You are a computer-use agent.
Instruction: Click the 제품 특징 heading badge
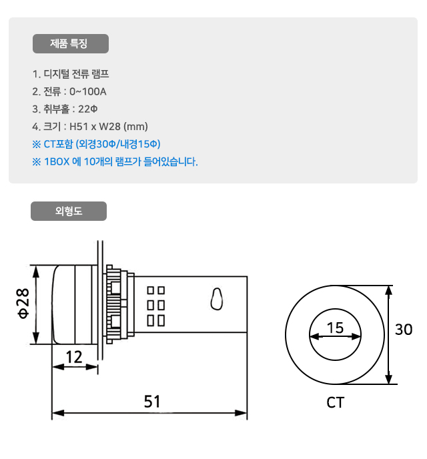click(70, 44)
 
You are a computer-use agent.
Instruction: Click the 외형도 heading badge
click(69, 211)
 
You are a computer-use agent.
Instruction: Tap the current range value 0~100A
click(88, 91)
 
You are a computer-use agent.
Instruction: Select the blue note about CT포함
click(96, 143)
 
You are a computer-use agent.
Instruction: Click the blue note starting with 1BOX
click(115, 161)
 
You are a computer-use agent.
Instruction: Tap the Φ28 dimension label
click(23, 304)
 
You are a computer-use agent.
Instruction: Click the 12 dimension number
click(74, 357)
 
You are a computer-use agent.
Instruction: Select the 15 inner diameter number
click(335, 328)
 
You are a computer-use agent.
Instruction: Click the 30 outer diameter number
click(404, 329)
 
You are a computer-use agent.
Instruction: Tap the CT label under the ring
click(336, 403)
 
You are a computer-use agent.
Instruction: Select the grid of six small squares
click(155, 306)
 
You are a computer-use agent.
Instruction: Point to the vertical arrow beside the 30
click(388, 335)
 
